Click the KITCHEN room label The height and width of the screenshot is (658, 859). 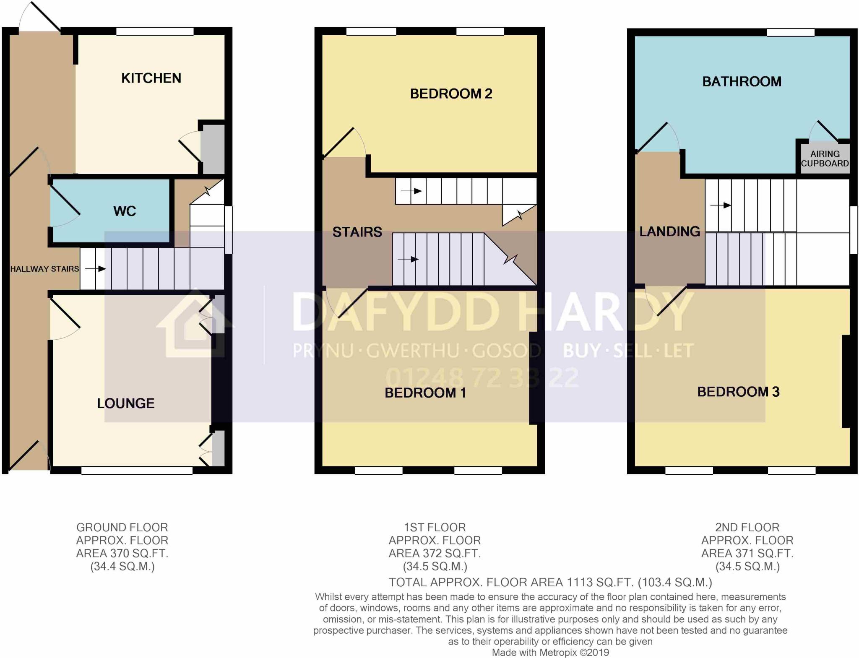click(151, 78)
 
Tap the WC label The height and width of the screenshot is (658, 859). click(125, 211)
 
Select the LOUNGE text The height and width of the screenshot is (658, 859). click(126, 403)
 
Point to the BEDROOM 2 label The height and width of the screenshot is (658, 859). click(451, 94)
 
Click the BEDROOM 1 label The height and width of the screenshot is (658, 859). click(425, 393)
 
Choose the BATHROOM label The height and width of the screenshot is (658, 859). click(742, 81)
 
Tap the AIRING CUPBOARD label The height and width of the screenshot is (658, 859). click(825, 159)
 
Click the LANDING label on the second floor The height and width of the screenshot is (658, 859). click(669, 231)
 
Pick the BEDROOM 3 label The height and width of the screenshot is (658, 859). click(738, 392)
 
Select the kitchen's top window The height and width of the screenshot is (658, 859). click(155, 31)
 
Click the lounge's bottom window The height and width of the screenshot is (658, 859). click(137, 471)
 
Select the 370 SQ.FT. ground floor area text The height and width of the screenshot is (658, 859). click(122, 554)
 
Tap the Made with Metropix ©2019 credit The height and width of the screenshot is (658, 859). click(550, 653)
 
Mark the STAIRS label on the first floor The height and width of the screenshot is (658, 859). click(357, 232)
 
